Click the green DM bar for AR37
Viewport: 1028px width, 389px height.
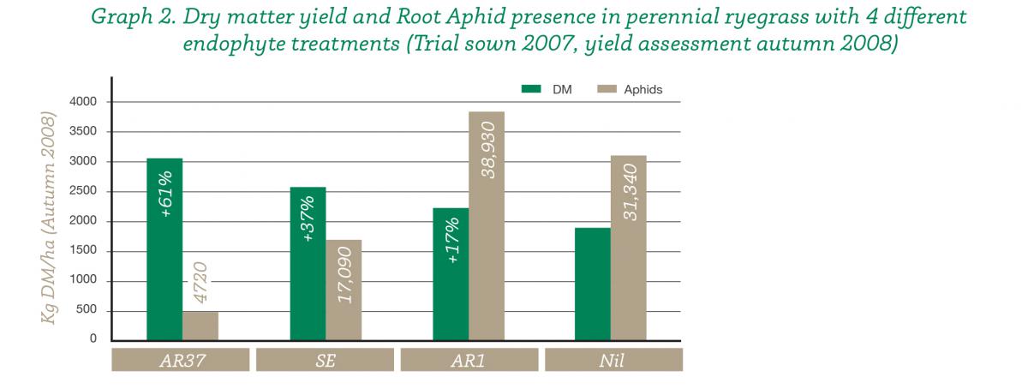[164, 249]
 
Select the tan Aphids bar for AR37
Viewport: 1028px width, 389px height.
[200, 326]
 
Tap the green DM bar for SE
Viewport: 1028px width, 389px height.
[308, 264]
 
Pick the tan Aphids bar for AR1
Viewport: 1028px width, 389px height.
[487, 226]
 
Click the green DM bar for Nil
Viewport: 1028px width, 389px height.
[593, 284]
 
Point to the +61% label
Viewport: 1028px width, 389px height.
[166, 194]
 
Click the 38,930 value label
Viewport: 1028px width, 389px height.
[488, 150]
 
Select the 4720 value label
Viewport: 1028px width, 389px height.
[200, 283]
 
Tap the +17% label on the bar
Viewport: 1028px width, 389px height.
[452, 240]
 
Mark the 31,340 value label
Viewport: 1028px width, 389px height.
[631, 193]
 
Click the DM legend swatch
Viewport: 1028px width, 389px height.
[531, 89]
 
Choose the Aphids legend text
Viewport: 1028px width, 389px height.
[643, 90]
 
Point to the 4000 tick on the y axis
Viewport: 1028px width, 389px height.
[83, 101]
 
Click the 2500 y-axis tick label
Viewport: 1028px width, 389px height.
[83, 190]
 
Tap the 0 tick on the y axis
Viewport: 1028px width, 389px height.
[93, 338]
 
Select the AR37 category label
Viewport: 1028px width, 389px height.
[182, 361]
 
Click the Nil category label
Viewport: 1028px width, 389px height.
[612, 361]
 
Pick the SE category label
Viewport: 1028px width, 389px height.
[326, 361]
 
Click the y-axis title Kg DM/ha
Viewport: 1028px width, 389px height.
[48, 279]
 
